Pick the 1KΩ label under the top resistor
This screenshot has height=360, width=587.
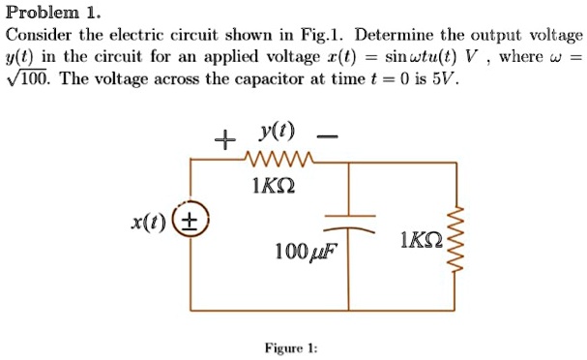coord(279,184)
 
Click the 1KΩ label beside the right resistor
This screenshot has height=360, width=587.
coord(420,238)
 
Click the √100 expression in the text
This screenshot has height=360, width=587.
coord(28,78)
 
